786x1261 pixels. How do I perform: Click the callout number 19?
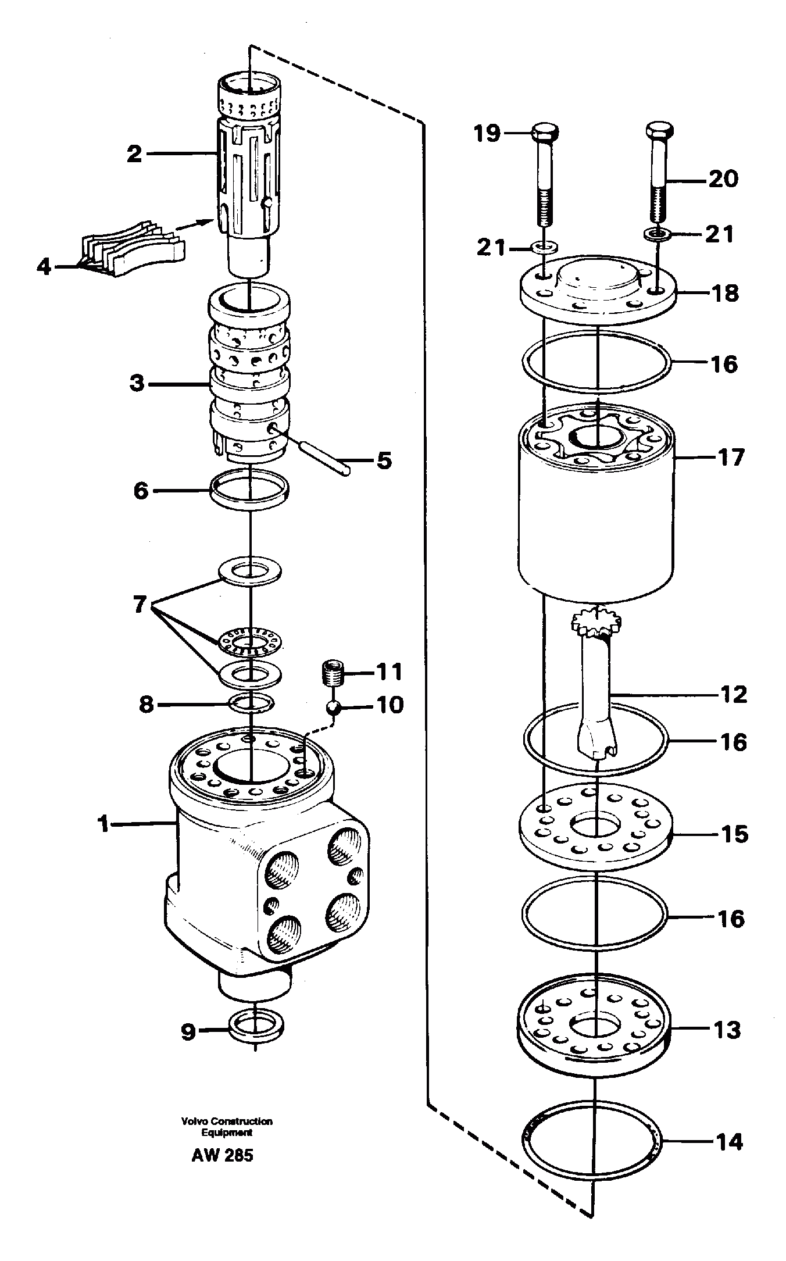pos(487,134)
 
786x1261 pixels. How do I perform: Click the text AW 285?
pos(223,1155)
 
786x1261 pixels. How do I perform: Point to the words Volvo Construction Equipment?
pos(227,1126)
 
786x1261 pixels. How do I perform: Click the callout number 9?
pos(188,1033)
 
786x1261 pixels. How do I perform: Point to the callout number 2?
pos(134,154)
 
